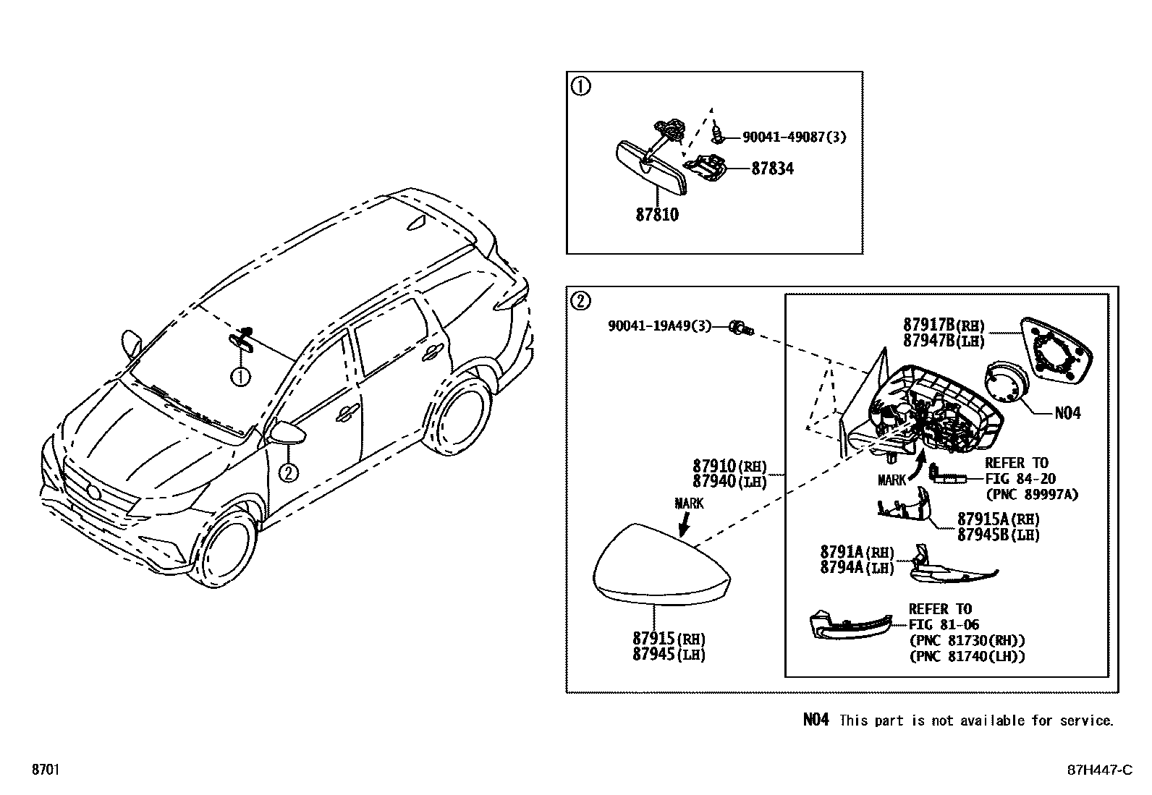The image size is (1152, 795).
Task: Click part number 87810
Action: point(657,215)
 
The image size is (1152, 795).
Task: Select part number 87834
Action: point(772,169)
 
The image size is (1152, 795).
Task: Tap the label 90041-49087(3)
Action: point(794,136)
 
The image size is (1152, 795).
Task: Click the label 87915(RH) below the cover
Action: point(668,639)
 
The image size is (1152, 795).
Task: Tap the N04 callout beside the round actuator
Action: point(1067,413)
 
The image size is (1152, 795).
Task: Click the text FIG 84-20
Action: point(1020,478)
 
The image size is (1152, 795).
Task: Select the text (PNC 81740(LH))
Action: point(967,656)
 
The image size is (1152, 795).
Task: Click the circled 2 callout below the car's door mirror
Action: point(288,473)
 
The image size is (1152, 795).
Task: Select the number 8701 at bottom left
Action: point(46,770)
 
